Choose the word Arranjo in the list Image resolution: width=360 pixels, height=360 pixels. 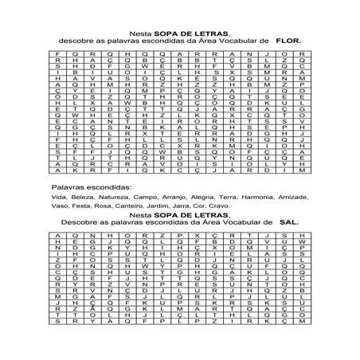173,194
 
